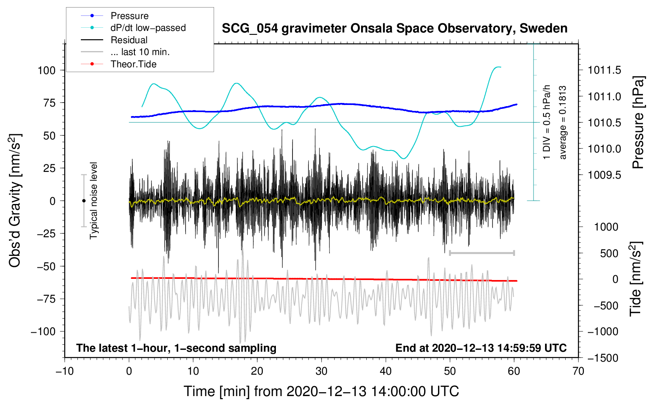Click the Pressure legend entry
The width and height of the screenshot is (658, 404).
[x=129, y=16]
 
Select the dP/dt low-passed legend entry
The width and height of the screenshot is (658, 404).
[x=148, y=28]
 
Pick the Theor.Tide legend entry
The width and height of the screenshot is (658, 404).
[x=133, y=64]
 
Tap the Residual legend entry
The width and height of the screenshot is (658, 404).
[x=129, y=40]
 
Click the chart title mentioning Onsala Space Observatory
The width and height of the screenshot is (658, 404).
[x=394, y=29]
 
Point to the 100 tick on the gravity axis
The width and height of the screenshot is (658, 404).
[x=46, y=71]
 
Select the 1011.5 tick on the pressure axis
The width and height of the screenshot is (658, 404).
[x=604, y=71]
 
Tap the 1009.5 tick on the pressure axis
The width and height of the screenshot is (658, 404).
[x=604, y=175]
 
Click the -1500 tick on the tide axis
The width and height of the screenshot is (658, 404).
[x=603, y=358]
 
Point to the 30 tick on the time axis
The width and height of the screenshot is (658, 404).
[x=321, y=371]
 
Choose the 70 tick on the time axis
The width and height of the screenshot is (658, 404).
[x=578, y=371]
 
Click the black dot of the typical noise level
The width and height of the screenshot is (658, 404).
[x=84, y=201]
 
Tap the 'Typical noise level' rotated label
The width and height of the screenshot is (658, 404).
[x=94, y=201]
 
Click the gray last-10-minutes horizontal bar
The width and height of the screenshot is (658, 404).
[x=482, y=253]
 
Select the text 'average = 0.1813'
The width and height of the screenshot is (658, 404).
[x=562, y=123]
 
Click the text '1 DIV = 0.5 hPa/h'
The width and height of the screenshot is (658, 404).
[x=547, y=122]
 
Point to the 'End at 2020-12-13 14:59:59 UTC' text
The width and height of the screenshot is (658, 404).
[x=481, y=348]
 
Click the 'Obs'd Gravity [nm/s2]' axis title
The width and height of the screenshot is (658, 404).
[x=15, y=201]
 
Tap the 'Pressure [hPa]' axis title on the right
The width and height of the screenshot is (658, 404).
[x=638, y=123]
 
